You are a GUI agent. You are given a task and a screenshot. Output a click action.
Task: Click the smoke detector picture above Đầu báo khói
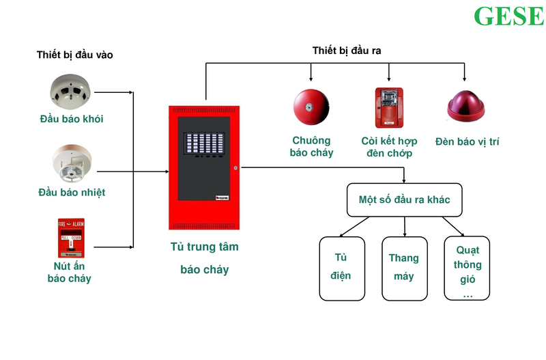(72, 92)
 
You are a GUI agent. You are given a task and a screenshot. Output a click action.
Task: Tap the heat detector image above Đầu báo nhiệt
(72, 165)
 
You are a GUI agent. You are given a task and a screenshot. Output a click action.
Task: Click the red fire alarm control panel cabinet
(205, 167)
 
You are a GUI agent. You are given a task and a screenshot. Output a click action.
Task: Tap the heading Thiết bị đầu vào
(74, 55)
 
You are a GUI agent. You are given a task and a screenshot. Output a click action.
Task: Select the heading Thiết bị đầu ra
(347, 51)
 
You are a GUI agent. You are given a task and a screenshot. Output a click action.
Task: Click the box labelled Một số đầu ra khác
(405, 200)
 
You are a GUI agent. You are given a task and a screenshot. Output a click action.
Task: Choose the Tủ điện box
(342, 267)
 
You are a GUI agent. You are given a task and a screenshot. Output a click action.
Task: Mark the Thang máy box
(404, 267)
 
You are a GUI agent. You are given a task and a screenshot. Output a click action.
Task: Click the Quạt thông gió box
(468, 267)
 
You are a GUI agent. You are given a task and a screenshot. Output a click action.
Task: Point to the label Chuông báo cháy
(312, 147)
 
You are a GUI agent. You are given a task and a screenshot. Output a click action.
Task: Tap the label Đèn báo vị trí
(468, 141)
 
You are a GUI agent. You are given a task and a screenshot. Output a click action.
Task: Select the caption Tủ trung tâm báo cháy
(205, 258)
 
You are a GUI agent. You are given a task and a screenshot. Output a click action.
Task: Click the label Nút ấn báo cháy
(69, 272)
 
